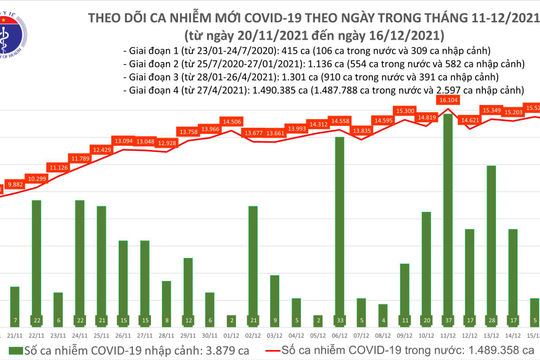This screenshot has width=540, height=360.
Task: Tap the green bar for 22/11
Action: [x=37, y=255]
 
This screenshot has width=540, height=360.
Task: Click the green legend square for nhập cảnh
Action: [x=8, y=350]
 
